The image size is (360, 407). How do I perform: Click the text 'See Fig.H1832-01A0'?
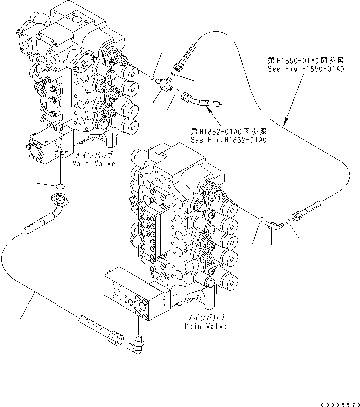[x=228, y=139]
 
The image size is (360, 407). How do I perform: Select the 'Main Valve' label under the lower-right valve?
[x=206, y=326]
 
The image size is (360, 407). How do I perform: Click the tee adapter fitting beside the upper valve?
[x=163, y=84]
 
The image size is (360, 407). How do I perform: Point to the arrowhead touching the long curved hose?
[x=285, y=122]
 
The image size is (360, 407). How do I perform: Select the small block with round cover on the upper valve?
[x=48, y=147]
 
